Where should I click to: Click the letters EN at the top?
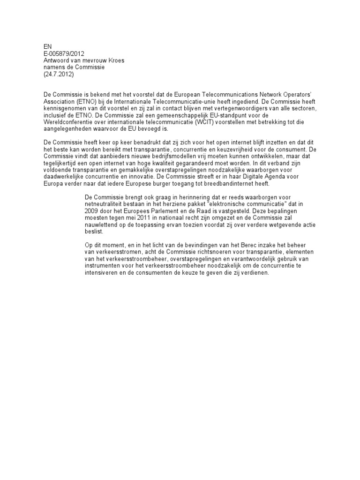tap(47, 47)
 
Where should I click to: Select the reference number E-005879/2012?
tap(64, 54)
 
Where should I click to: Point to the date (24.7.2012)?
tap(59, 74)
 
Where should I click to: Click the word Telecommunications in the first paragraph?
tap(217, 94)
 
